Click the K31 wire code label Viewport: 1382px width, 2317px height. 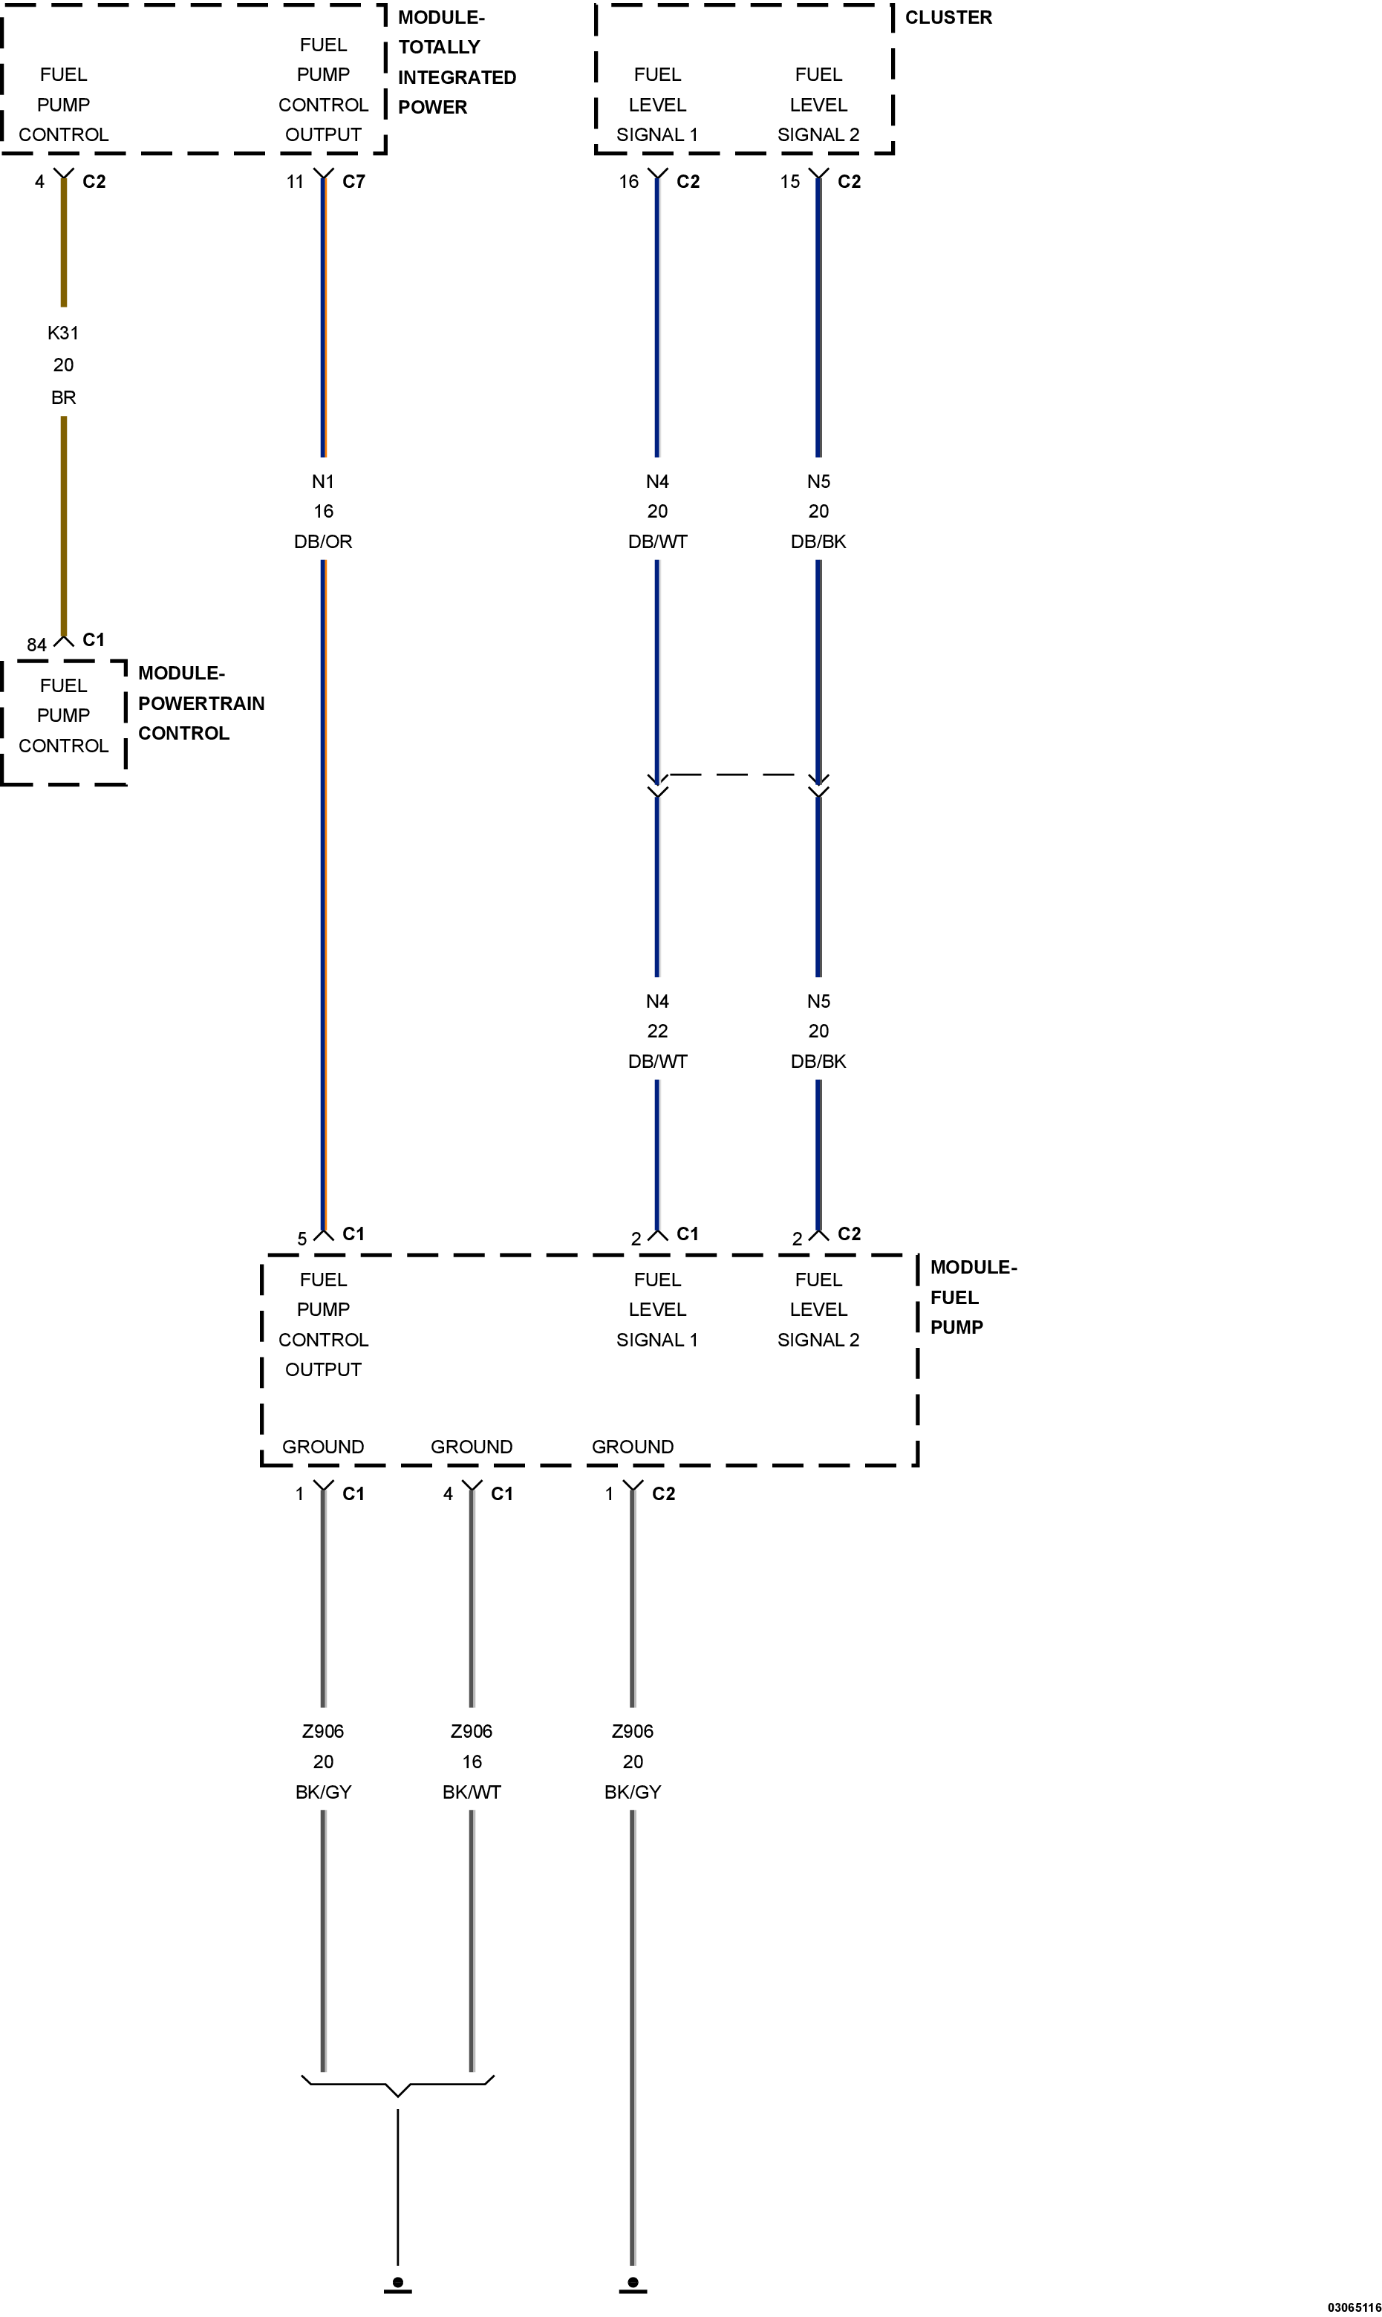pyautogui.click(x=63, y=333)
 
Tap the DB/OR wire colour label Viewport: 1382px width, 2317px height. pyautogui.click(x=323, y=541)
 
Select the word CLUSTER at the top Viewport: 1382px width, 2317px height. pyautogui.click(x=948, y=18)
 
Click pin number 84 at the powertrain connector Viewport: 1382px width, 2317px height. pyautogui.click(x=36, y=645)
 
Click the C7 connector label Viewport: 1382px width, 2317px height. pyautogui.click(x=354, y=182)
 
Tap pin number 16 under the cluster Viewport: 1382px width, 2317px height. pyautogui.click(x=628, y=182)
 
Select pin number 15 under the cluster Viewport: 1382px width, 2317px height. pyautogui.click(x=789, y=182)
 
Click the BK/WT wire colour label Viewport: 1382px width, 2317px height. pyautogui.click(x=472, y=1792)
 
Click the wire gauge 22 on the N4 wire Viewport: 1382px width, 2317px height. pyautogui.click(x=657, y=1031)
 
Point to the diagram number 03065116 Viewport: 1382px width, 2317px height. pyautogui.click(x=1354, y=2307)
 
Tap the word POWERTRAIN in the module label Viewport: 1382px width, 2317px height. pyautogui.click(x=201, y=703)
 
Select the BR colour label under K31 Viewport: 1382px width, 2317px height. pyautogui.click(x=63, y=397)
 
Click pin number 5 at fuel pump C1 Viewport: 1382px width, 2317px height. pyautogui.click(x=302, y=1239)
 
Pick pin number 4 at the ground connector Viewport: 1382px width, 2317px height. pyautogui.click(x=448, y=1493)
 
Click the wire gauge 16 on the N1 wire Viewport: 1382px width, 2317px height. pyautogui.click(x=323, y=511)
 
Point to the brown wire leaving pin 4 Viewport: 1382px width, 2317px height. pyautogui.click(x=63, y=407)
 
